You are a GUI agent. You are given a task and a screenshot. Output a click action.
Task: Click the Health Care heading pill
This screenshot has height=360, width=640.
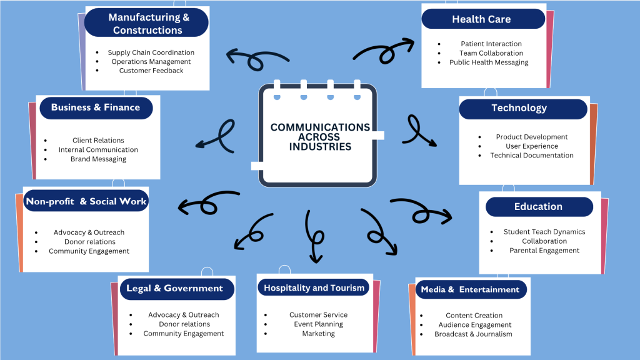[x=481, y=19]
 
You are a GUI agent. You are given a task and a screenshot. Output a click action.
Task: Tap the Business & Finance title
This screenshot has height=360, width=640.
[x=96, y=107]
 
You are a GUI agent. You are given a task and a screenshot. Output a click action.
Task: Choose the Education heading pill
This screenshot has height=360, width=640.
[x=538, y=207]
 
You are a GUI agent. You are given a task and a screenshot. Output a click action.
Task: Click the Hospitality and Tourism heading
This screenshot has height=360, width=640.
[x=313, y=288]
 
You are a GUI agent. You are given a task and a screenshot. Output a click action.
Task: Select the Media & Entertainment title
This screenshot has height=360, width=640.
[x=470, y=289]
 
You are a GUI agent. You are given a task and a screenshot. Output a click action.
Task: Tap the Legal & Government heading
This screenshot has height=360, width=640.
[x=174, y=289]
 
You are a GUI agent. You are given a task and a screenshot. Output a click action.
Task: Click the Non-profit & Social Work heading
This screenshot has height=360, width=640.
[x=86, y=201]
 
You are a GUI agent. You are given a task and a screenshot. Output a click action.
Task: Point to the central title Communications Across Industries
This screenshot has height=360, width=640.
[x=320, y=137]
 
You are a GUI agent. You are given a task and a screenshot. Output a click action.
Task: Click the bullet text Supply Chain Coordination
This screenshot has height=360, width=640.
[x=151, y=52]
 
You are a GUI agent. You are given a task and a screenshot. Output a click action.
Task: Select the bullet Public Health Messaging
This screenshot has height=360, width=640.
[x=489, y=62]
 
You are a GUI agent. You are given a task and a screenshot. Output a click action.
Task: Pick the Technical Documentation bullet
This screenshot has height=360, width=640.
[x=531, y=156]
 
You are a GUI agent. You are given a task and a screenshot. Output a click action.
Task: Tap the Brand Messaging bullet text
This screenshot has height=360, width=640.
[x=98, y=159]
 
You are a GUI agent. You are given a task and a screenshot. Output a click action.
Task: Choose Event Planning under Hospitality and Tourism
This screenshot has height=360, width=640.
[x=318, y=324]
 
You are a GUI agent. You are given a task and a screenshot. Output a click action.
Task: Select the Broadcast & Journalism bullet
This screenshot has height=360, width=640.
[x=473, y=334]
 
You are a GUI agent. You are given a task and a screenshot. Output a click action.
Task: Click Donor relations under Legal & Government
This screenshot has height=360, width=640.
[x=184, y=324]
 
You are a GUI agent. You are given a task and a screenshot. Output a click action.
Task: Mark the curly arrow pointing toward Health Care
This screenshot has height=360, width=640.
[x=384, y=50]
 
